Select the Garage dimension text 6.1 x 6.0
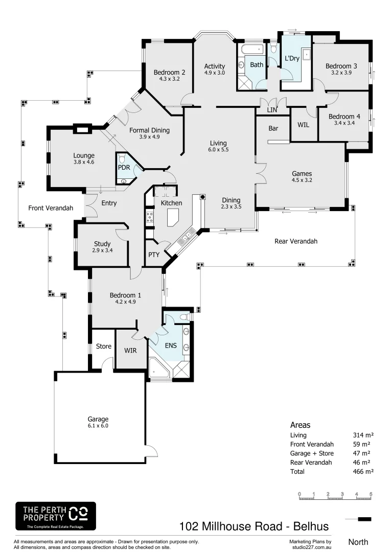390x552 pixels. pyautogui.click(x=98, y=425)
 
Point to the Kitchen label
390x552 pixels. pyautogui.click(x=171, y=203)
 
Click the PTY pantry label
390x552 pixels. pyautogui.click(x=153, y=255)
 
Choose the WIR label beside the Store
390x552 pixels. pyautogui.click(x=131, y=351)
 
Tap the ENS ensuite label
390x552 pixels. pyautogui.click(x=171, y=346)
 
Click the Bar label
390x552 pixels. pyautogui.click(x=273, y=129)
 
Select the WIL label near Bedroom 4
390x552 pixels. pyautogui.click(x=304, y=125)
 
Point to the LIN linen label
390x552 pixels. pyautogui.click(x=272, y=110)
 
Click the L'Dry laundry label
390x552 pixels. pyautogui.click(x=292, y=58)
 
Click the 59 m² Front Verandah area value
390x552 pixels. pyautogui.click(x=361, y=444)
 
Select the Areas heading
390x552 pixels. pyautogui.click(x=300, y=425)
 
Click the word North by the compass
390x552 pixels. pyautogui.click(x=358, y=541)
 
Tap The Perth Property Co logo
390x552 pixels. pyautogui.click(x=56, y=516)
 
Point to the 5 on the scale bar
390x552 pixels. pyautogui.click(x=371, y=494)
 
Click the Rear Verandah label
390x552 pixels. pyautogui.click(x=296, y=241)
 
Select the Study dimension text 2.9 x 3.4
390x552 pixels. pyautogui.click(x=102, y=250)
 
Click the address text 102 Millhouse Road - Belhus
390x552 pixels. pyautogui.click(x=254, y=526)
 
